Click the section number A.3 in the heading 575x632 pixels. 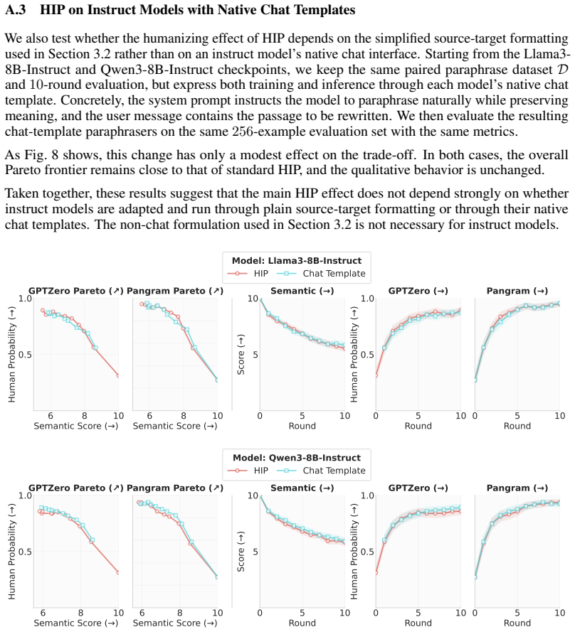click(16, 10)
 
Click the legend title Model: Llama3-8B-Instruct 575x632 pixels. click(297, 260)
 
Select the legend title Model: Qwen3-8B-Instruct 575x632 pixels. click(297, 458)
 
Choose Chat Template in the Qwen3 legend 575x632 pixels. click(321, 471)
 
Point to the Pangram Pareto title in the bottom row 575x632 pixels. click(175, 488)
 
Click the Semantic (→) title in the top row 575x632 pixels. click(302, 291)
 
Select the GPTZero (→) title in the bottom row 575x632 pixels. click(418, 488)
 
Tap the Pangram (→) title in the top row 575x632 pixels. click(517, 291)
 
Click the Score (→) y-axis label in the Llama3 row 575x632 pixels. click(241, 355)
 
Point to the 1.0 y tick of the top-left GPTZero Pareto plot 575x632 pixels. click(25, 299)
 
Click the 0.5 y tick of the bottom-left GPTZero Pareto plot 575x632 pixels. click(25, 552)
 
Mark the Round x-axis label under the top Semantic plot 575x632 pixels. click(302, 426)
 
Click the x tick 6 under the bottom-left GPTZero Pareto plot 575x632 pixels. click(43, 613)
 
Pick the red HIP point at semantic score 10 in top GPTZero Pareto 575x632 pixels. click(118, 375)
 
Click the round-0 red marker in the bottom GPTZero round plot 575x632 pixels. click(376, 572)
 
